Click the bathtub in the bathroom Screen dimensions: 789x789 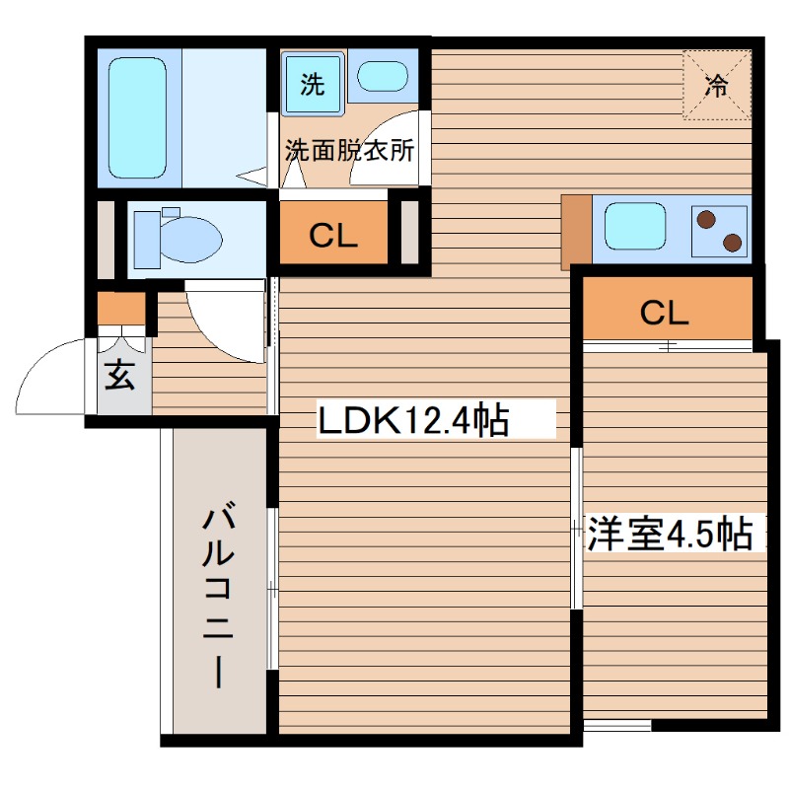(138, 118)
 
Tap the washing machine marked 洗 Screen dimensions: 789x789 (311, 84)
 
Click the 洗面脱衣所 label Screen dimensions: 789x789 (350, 151)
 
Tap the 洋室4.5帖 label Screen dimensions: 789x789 (671, 534)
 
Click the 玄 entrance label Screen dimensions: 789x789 (120, 376)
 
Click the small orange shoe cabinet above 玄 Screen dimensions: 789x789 (120, 309)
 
